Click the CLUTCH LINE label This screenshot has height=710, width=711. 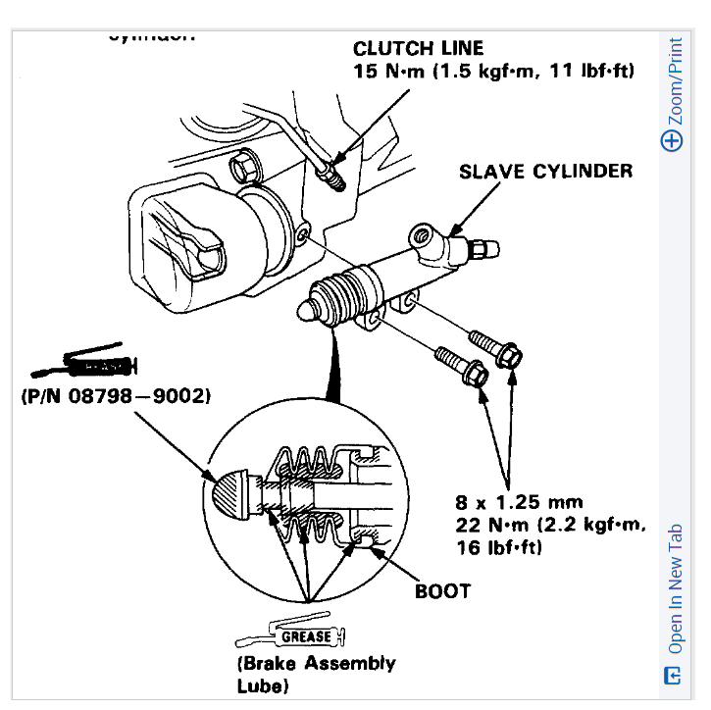(418, 48)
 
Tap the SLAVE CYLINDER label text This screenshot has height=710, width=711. (545, 172)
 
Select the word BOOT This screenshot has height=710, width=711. (442, 591)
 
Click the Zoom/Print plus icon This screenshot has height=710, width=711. (672, 140)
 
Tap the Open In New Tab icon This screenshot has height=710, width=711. (672, 676)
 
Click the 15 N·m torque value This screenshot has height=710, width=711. (388, 71)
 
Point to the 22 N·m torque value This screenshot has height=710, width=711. (490, 525)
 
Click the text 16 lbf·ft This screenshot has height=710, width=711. (498, 547)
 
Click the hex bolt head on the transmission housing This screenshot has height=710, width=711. (242, 168)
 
